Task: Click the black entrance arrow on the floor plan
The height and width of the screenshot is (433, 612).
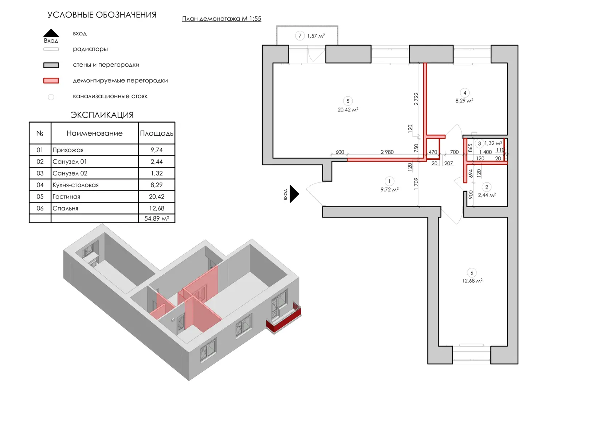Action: [x=294, y=194]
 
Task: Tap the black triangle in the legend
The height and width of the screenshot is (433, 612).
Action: [x=51, y=33]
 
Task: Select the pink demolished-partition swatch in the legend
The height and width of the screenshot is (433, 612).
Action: [x=51, y=81]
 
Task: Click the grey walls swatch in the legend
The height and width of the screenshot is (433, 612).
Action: [x=51, y=65]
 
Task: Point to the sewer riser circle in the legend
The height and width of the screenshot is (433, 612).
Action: [x=51, y=97]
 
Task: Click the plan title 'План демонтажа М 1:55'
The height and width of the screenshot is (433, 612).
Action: [x=221, y=19]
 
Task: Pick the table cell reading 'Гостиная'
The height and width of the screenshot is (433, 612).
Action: [x=66, y=197]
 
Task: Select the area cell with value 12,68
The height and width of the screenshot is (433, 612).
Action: [x=157, y=208]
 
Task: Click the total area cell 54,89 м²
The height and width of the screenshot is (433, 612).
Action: [x=157, y=218]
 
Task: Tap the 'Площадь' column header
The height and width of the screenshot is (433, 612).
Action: [x=157, y=133]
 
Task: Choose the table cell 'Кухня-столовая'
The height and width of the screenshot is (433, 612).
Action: [x=75, y=185]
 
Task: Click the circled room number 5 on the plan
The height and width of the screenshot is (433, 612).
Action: [x=348, y=101]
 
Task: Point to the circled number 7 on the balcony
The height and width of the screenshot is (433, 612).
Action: [x=300, y=36]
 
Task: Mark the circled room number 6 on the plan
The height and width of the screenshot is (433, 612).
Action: [x=472, y=273]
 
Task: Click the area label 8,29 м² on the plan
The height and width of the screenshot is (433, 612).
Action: [x=464, y=101]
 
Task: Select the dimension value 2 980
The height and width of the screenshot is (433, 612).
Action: [x=387, y=152]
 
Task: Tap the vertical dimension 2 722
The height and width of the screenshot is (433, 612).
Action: [x=416, y=99]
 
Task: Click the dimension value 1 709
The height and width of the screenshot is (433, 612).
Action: [x=416, y=184]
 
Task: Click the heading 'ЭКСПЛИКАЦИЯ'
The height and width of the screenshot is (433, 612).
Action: [x=102, y=115]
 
